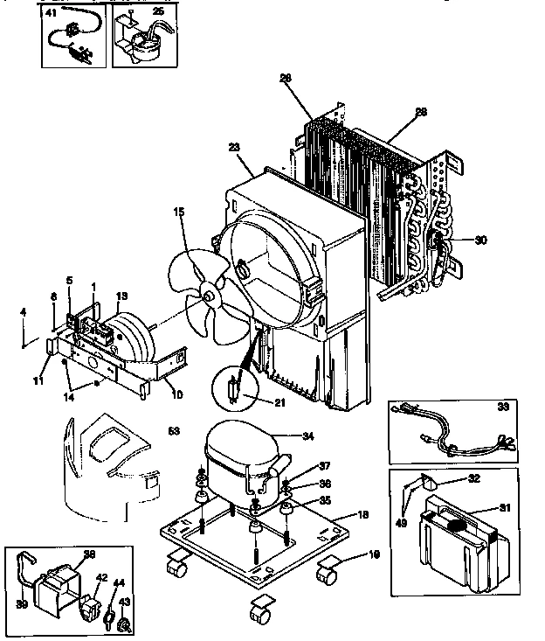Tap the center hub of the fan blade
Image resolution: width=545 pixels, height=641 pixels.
click(x=209, y=298)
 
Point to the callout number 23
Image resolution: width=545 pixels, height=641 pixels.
click(x=232, y=148)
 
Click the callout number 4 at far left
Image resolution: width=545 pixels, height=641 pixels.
click(x=24, y=310)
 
